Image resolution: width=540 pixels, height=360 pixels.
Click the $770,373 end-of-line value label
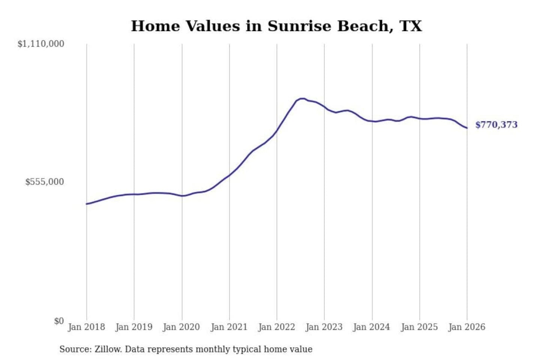coord(496,125)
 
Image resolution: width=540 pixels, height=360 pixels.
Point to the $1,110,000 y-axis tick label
coord(41,44)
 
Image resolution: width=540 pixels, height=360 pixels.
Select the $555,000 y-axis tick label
coord(45,182)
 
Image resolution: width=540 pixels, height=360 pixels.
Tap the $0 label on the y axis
coord(59,321)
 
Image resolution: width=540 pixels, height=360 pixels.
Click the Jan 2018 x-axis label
coord(86,327)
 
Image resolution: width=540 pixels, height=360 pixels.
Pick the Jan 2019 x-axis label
coord(134,327)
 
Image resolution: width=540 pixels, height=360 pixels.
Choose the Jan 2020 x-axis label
coord(181,327)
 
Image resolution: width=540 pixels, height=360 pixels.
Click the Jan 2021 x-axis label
coord(229,327)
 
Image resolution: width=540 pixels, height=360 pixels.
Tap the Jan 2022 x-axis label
coord(277,327)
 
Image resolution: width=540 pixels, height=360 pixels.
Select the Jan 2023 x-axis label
coord(324,327)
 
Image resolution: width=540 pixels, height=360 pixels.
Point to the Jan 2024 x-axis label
coord(372,327)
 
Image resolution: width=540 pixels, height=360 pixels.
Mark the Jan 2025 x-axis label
coord(419,327)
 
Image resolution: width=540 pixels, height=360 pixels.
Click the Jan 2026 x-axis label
coord(467,327)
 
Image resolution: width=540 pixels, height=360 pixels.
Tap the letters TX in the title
coord(411,26)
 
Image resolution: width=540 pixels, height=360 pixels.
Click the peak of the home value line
coord(302,99)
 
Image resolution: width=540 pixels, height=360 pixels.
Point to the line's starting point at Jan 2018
coord(87,204)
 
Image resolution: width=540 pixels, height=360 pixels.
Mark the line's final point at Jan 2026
coord(467,128)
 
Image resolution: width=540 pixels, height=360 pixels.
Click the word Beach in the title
coord(363,26)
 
